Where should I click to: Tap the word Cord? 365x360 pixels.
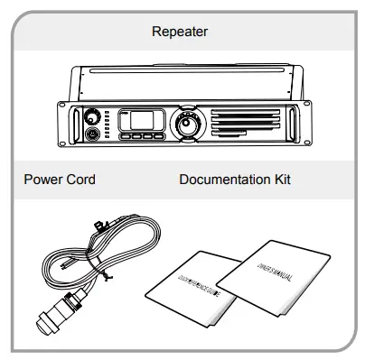tap(80, 180)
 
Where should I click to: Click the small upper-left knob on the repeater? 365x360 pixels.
tap(91, 117)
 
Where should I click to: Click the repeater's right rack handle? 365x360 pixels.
tap(291, 125)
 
